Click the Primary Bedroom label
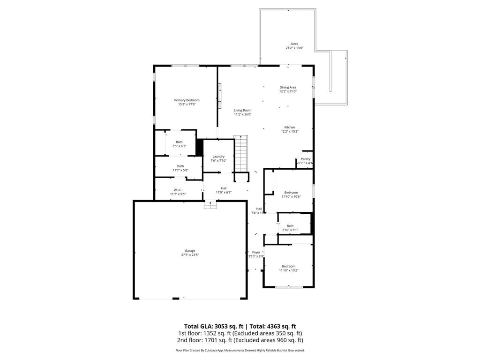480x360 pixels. pos(187,100)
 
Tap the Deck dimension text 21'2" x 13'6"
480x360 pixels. pos(294,48)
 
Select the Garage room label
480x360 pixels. pos(190,251)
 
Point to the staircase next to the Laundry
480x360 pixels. pos(240,154)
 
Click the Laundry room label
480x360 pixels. pos(218,157)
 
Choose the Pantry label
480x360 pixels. pos(306,159)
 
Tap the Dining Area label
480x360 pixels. pos(288,87)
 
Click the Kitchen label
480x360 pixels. pos(289,127)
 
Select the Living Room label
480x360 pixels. pos(243,110)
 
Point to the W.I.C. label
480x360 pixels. pos(178,190)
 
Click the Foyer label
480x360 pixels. pos(256,252)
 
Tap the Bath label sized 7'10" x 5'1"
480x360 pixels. pos(290,225)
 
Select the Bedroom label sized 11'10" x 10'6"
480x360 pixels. pos(291,192)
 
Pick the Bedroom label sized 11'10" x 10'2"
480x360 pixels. pos(288,266)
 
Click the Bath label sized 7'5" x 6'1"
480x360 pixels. pos(179,142)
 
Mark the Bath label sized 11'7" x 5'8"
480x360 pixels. pos(180,166)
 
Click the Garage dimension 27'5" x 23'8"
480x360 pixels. pos(190,255)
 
